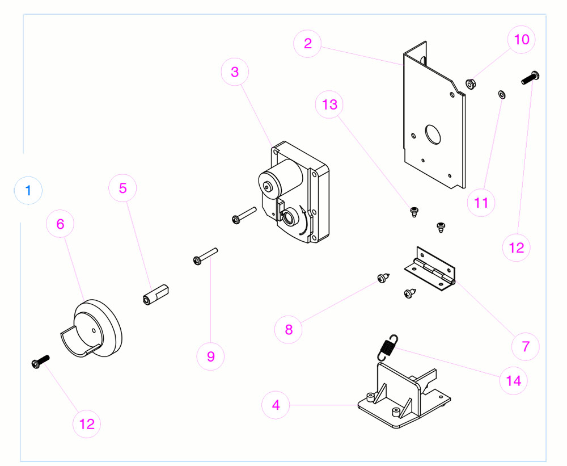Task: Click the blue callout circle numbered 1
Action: click(28, 190)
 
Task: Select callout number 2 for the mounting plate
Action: click(308, 44)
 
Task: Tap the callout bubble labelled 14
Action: click(513, 380)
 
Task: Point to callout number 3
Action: click(235, 72)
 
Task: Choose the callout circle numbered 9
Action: click(211, 356)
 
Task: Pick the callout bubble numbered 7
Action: click(526, 346)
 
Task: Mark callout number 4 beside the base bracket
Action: click(276, 405)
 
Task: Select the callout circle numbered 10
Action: click(521, 40)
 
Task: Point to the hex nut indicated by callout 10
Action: click(470, 84)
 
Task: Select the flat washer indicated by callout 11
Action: click(501, 93)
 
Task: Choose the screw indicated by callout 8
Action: click(383, 278)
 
